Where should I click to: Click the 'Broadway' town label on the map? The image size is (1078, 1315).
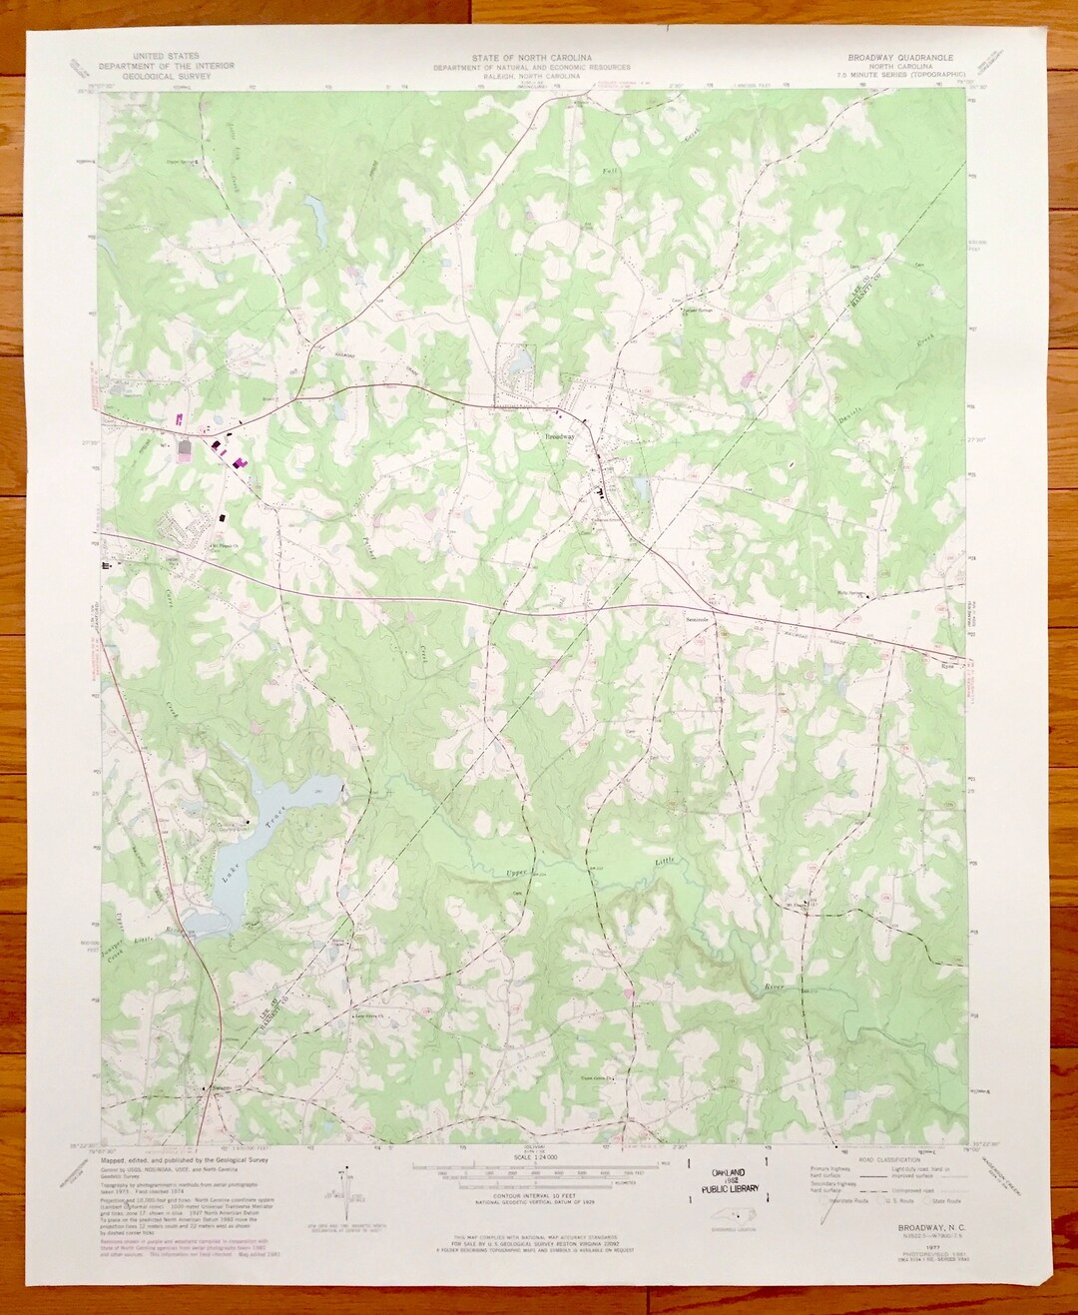(x=559, y=437)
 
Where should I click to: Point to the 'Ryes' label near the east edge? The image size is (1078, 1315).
(x=948, y=661)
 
